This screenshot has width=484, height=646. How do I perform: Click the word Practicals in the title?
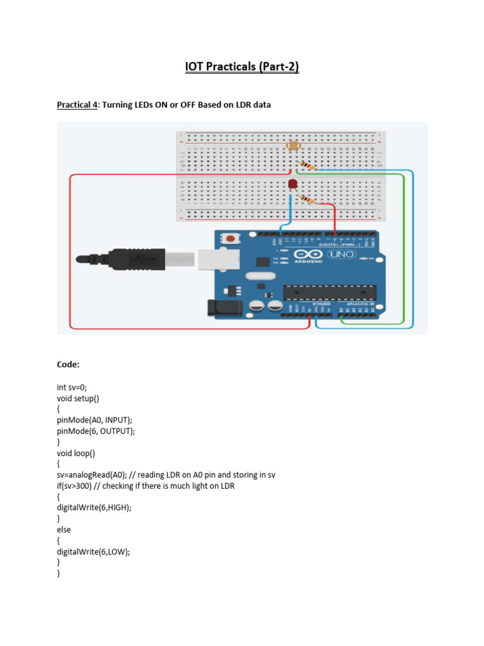point(241,66)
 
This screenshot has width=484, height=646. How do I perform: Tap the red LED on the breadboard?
point(292,184)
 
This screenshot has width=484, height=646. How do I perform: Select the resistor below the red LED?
point(306,199)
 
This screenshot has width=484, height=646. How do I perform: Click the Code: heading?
point(68,365)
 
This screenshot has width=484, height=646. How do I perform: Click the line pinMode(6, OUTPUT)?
point(96,431)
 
